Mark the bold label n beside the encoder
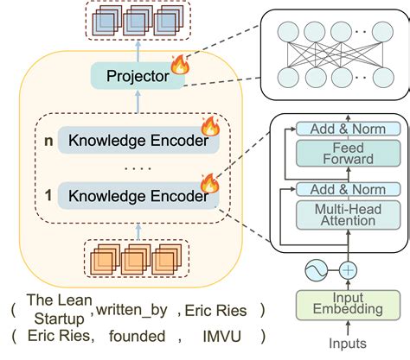35,139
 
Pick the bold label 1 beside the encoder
35,197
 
